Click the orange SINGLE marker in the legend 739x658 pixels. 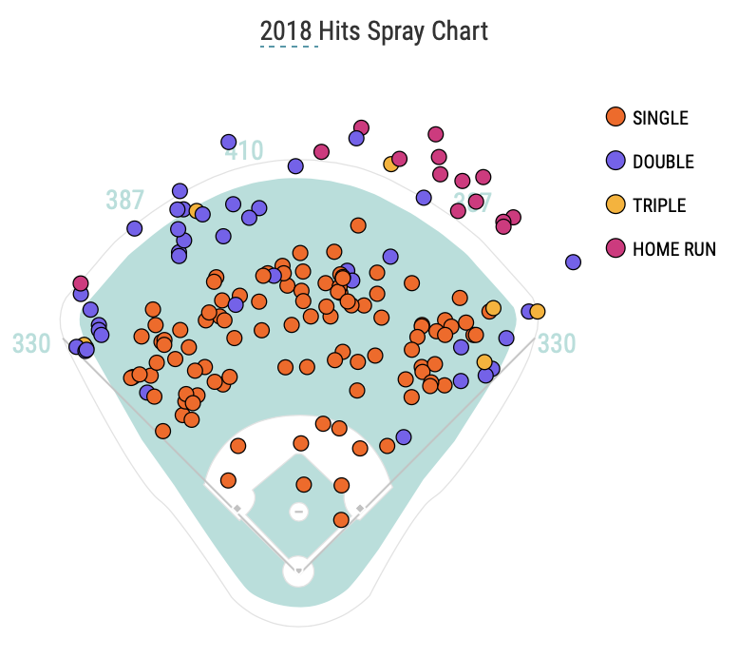coord(615,117)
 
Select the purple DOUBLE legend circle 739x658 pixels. coord(615,161)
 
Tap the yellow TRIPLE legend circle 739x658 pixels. coord(615,204)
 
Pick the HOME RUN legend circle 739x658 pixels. coord(615,248)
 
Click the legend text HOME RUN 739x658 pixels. coord(673,249)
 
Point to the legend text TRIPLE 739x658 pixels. coord(658,205)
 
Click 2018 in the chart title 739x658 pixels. coord(286,31)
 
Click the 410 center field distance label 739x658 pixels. coord(244,150)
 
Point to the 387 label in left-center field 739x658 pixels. coord(124,200)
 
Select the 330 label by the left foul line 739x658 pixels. coord(31,343)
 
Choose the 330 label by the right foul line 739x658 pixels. coord(557,343)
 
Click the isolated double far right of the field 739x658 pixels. coord(573,261)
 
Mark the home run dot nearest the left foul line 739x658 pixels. coord(81,283)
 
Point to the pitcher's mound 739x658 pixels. coord(298,512)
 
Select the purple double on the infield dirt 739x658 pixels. coord(404,437)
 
